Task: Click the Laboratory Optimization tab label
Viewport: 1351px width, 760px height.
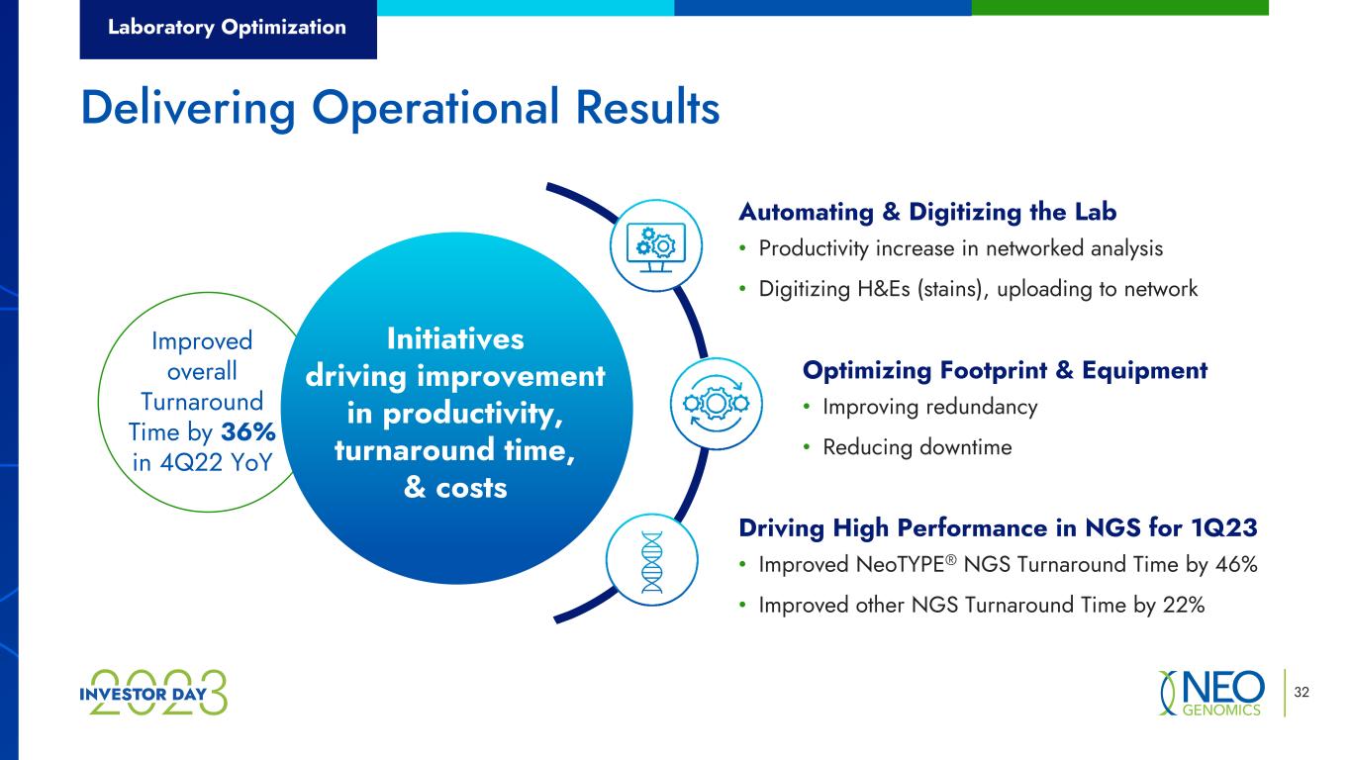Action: [227, 27]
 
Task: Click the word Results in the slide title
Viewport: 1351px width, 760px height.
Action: [647, 107]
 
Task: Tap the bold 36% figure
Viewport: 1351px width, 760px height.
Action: [248, 431]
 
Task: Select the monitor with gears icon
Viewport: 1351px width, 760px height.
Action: [656, 246]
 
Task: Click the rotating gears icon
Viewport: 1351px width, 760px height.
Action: [716, 404]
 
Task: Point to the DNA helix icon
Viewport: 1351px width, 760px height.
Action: [652, 560]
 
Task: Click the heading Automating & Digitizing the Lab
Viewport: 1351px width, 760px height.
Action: [927, 212]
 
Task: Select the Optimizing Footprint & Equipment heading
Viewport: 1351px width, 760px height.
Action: [1005, 370]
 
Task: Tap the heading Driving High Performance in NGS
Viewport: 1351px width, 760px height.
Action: [998, 527]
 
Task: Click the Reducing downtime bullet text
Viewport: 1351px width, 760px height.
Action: [917, 447]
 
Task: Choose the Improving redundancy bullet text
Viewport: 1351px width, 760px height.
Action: [930, 407]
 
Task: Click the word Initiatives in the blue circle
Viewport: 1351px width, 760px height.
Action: [455, 338]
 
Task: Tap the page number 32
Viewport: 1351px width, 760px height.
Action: [1302, 692]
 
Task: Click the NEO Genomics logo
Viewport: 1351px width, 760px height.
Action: [1211, 693]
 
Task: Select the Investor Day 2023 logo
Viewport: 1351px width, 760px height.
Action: [153, 693]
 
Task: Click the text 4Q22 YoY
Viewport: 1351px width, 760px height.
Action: [216, 463]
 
